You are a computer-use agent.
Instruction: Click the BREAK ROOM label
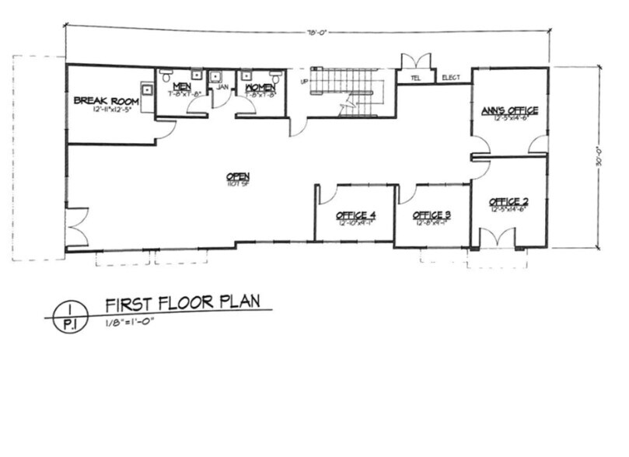pyautogui.click(x=106, y=100)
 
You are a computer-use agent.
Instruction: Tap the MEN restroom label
pyautogui.click(x=182, y=85)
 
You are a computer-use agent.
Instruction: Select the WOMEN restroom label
pyautogui.click(x=260, y=87)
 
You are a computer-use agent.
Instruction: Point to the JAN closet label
pyautogui.click(x=222, y=87)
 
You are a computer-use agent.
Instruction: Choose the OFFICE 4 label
pyautogui.click(x=356, y=215)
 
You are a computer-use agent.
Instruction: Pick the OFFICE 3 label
pyautogui.click(x=432, y=215)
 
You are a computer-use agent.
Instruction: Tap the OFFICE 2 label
pyautogui.click(x=509, y=202)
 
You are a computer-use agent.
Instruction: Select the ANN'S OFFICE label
pyautogui.click(x=509, y=111)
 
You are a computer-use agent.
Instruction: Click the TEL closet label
pyautogui.click(x=414, y=78)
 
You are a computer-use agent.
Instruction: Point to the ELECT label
pyautogui.click(x=451, y=78)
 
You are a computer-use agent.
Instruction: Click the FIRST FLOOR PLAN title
pyautogui.click(x=182, y=303)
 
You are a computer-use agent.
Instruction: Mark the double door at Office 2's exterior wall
pyautogui.click(x=498, y=238)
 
